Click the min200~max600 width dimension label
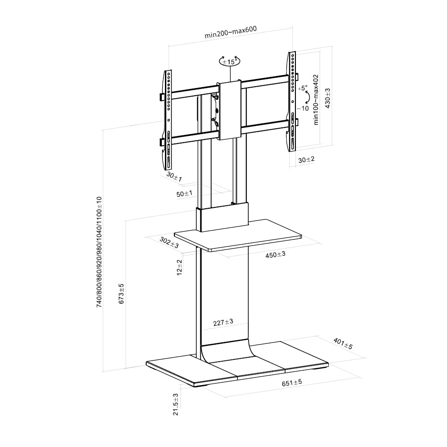[230, 32]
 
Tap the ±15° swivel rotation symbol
[229, 61]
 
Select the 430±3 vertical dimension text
[328, 98]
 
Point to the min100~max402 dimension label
[316, 100]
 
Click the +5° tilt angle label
[303, 88]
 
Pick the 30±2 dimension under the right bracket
[307, 160]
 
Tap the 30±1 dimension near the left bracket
[174, 177]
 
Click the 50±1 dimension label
[185, 194]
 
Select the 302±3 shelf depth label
[169, 242]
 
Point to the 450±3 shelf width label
[275, 254]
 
